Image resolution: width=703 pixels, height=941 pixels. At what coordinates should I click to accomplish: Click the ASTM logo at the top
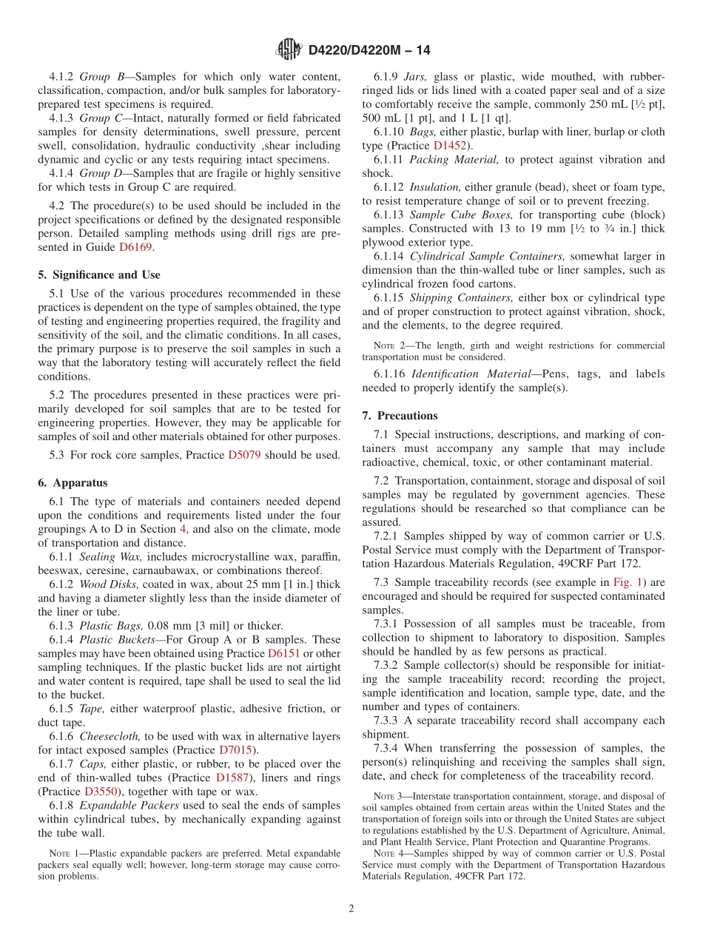pyautogui.click(x=289, y=50)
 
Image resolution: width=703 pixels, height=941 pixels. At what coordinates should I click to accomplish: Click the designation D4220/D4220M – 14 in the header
pyautogui.click(x=369, y=50)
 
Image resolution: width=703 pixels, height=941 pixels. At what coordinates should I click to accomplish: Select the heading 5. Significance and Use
pyautogui.click(x=99, y=274)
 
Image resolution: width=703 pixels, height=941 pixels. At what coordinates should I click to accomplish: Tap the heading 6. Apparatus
pyautogui.click(x=73, y=482)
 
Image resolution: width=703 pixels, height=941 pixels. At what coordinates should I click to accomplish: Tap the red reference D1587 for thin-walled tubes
pyautogui.click(x=233, y=778)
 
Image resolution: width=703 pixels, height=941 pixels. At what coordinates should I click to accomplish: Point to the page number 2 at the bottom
pyautogui.click(x=351, y=908)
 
